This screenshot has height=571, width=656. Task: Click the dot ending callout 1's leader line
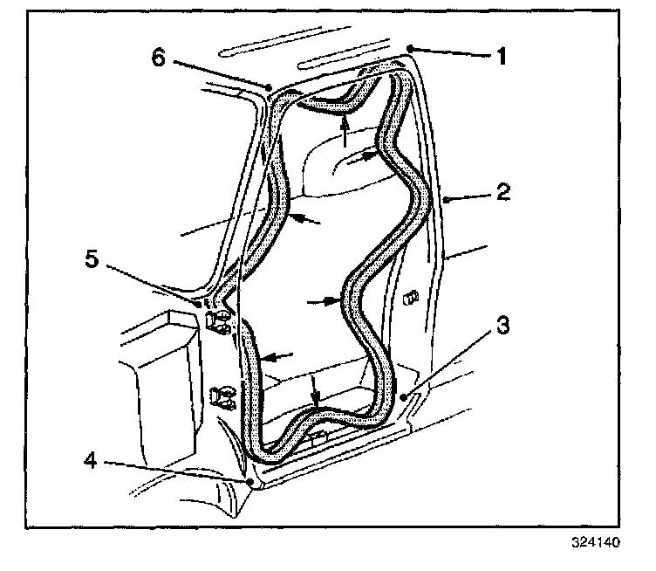point(408,47)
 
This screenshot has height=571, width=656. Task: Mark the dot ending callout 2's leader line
point(447,200)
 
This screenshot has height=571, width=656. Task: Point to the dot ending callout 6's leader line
point(270,86)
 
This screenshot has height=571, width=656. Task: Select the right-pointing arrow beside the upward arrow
point(369,157)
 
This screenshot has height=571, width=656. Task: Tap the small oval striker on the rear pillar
point(410,298)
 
